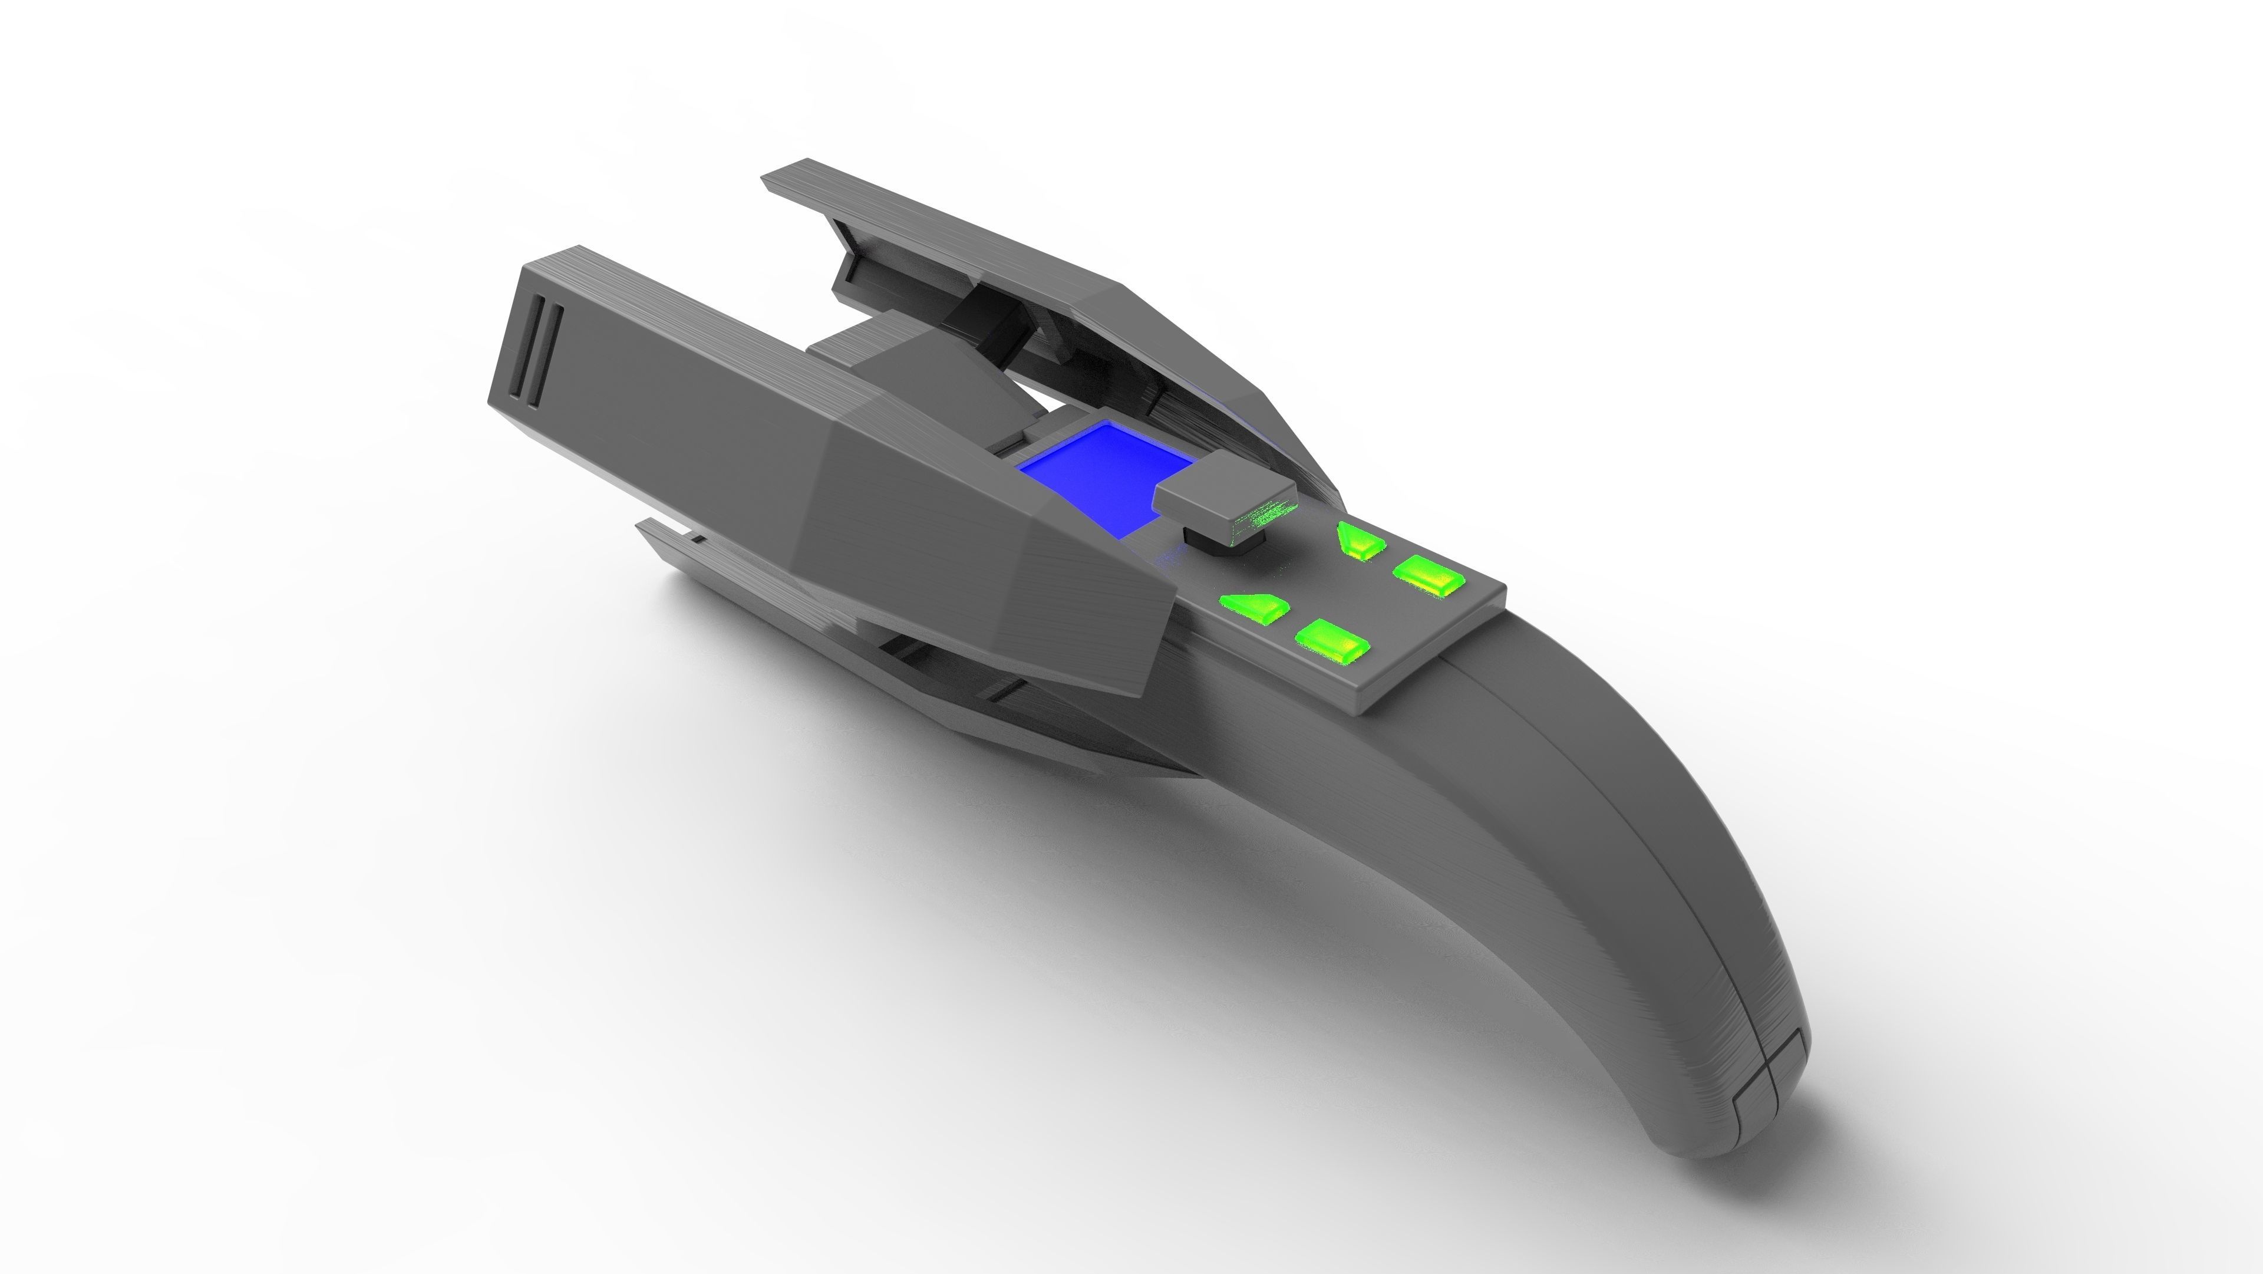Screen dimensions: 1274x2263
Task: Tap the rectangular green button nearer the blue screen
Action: [1332, 640]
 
